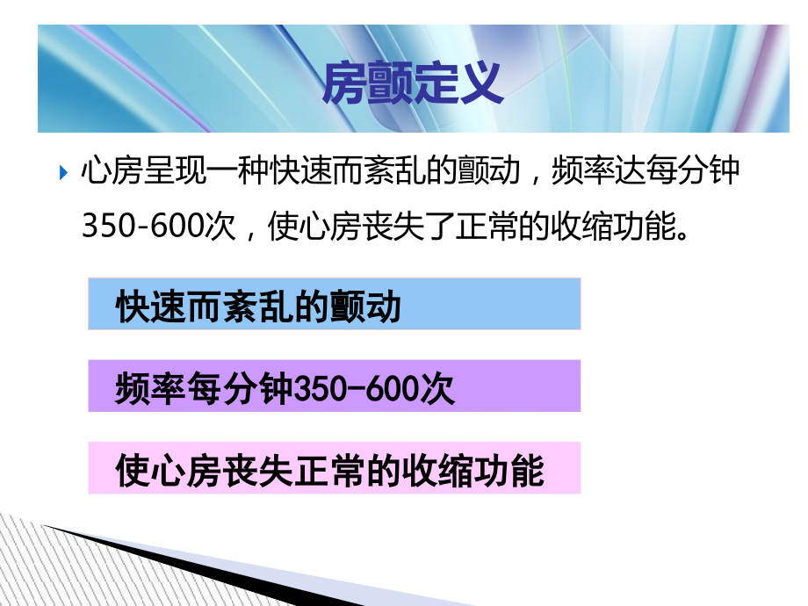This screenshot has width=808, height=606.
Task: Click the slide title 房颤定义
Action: pyautogui.click(x=412, y=84)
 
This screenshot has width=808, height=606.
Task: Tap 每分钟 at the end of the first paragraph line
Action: pyautogui.click(x=695, y=171)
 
